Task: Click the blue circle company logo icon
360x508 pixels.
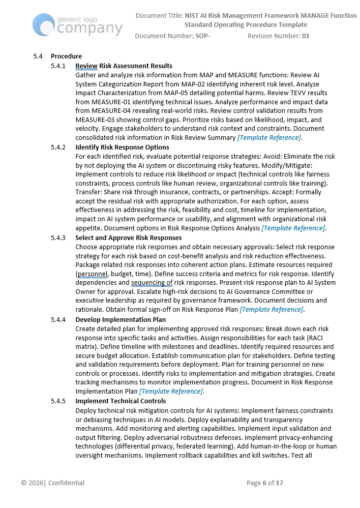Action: coord(44,24)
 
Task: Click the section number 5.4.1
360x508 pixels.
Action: coord(58,66)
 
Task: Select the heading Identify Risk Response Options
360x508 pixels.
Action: coord(122,147)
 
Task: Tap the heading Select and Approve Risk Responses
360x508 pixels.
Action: coord(128,237)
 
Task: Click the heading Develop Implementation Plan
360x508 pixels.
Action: coord(121,319)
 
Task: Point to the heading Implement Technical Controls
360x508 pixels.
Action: coord(121,401)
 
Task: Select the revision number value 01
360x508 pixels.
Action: coord(306,36)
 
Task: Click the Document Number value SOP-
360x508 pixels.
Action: coord(202,36)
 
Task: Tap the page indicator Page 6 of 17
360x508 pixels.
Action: coord(264,483)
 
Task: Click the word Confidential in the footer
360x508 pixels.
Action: coord(66,483)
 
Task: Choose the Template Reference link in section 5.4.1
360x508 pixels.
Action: coord(269,138)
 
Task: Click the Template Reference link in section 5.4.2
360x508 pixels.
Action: coord(294,228)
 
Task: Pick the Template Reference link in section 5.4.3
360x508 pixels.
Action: coord(272,310)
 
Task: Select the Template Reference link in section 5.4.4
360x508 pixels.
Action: coord(171,391)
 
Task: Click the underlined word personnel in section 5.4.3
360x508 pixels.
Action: coord(92,274)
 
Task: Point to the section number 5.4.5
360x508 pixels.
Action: coord(58,401)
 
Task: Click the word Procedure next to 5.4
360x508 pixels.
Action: coord(66,56)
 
